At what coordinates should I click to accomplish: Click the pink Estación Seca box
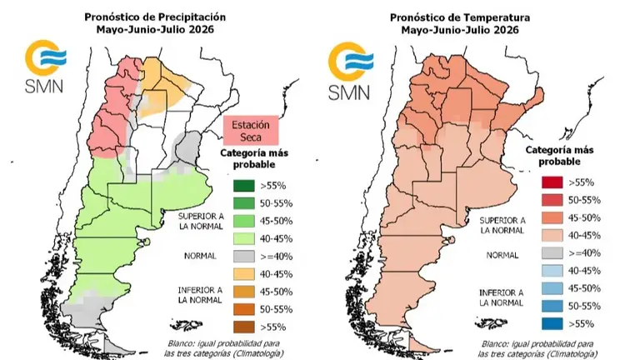(251, 130)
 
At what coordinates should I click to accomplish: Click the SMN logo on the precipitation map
(44, 66)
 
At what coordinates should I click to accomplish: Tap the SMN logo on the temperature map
(350, 71)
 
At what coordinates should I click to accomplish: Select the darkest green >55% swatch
(244, 186)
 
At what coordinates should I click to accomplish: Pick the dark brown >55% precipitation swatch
(244, 327)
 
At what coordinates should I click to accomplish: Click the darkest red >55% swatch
(552, 182)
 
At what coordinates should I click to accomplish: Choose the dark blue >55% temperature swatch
(552, 323)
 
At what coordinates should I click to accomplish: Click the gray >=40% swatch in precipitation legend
(244, 257)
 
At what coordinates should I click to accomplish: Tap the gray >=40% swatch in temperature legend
(552, 253)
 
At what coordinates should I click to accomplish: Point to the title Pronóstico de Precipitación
(155, 17)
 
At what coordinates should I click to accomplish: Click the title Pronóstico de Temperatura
(460, 17)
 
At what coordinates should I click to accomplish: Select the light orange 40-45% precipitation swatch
(244, 274)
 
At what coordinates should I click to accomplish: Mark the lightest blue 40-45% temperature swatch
(552, 271)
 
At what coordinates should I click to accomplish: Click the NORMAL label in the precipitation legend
(200, 256)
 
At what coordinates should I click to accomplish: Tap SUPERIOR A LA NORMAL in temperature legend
(502, 225)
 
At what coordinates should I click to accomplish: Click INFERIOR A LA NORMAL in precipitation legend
(200, 295)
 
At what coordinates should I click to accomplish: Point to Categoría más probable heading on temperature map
(559, 156)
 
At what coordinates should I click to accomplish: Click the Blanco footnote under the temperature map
(537, 349)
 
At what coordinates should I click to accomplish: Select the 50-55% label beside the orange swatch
(277, 309)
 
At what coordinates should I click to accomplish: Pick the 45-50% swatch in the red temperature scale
(552, 217)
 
